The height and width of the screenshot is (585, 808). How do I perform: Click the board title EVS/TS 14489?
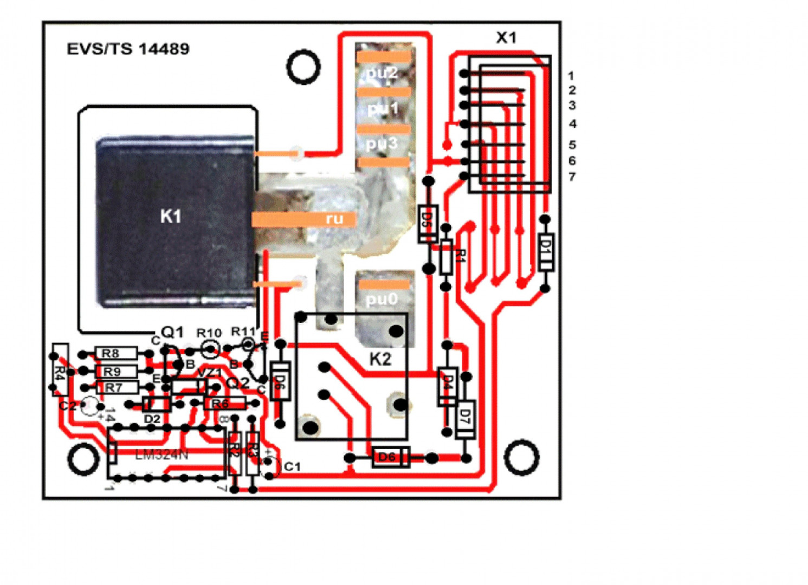pyautogui.click(x=128, y=49)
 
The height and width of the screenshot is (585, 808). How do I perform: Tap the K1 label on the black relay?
pyautogui.click(x=171, y=217)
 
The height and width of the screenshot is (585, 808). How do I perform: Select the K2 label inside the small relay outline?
pyautogui.click(x=380, y=359)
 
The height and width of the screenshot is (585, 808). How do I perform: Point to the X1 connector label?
pyautogui.click(x=506, y=37)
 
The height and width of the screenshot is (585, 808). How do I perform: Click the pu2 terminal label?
pyautogui.click(x=382, y=73)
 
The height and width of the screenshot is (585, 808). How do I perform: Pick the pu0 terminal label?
pyautogui.click(x=382, y=299)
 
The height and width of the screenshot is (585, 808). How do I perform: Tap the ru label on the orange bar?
pyautogui.click(x=334, y=219)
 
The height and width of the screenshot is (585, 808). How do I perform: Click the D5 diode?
pyautogui.click(x=427, y=223)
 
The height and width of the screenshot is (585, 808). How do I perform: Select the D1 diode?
pyautogui.click(x=546, y=252)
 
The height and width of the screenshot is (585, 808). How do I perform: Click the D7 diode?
pyautogui.click(x=464, y=419)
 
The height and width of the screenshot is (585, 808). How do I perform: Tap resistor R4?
pyautogui.click(x=60, y=370)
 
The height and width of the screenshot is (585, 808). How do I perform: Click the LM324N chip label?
pyautogui.click(x=161, y=455)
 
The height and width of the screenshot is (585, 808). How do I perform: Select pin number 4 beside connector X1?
pyautogui.click(x=572, y=124)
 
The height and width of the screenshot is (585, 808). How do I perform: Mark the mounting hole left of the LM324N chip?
pyautogui.click(x=83, y=458)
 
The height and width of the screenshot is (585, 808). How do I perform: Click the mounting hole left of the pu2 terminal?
pyautogui.click(x=303, y=67)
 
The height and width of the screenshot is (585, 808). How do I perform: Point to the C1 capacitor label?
pyautogui.click(x=292, y=466)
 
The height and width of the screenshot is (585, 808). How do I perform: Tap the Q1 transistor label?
pyautogui.click(x=173, y=332)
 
